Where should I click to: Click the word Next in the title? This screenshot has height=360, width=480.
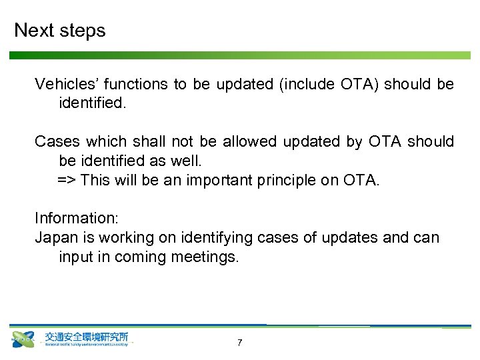coord(33,31)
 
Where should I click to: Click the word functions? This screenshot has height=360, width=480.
coord(137,84)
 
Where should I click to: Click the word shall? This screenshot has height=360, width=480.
coord(149,141)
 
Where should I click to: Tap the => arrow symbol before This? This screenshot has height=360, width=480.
coord(67,180)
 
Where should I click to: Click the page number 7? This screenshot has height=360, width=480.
coord(239,343)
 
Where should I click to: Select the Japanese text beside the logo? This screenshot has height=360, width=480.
coord(87,337)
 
